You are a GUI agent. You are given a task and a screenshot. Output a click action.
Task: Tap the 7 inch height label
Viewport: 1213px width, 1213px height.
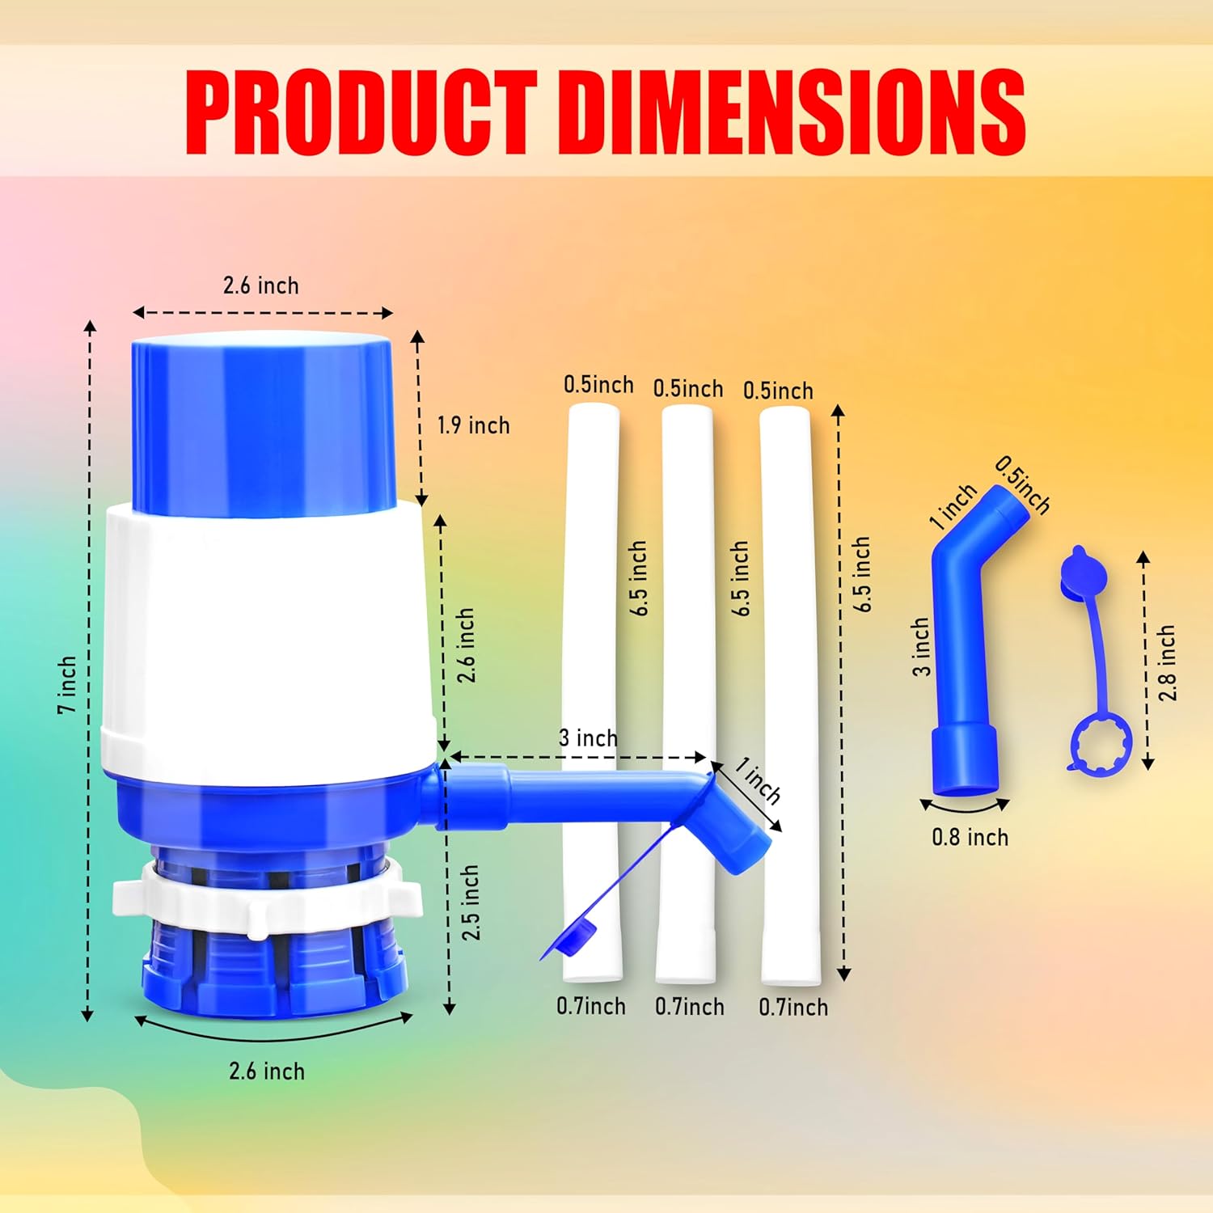[x=66, y=684]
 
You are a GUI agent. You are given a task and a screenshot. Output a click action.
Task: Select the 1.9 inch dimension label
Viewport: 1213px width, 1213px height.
[x=473, y=425]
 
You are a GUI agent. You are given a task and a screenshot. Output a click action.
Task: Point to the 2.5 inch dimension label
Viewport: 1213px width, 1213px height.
[x=471, y=902]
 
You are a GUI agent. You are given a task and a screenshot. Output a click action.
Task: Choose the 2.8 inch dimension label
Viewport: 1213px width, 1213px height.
[x=1167, y=662]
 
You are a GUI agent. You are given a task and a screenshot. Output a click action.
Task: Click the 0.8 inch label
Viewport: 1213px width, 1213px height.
[x=970, y=837]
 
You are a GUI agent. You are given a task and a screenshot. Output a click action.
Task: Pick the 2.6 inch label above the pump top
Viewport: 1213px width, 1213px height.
[x=260, y=285]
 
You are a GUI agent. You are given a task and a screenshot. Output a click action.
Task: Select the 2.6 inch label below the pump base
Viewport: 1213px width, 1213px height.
[x=267, y=1071]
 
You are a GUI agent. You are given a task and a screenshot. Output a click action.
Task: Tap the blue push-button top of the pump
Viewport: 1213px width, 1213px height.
[x=264, y=425]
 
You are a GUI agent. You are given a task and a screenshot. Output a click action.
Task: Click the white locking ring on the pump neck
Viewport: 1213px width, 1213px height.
[x=267, y=898]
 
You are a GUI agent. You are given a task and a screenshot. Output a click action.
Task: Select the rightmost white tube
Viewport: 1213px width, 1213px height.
[x=788, y=695]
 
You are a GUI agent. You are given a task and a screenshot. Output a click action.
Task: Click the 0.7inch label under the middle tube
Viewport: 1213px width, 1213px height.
[x=689, y=1007]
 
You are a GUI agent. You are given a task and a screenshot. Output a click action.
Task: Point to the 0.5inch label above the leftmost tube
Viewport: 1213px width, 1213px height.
[x=598, y=385]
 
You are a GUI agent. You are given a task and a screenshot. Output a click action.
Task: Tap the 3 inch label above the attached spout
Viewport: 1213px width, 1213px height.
[x=588, y=738]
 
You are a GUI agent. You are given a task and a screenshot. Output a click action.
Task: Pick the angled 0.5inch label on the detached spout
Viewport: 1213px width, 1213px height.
[x=1022, y=485]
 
